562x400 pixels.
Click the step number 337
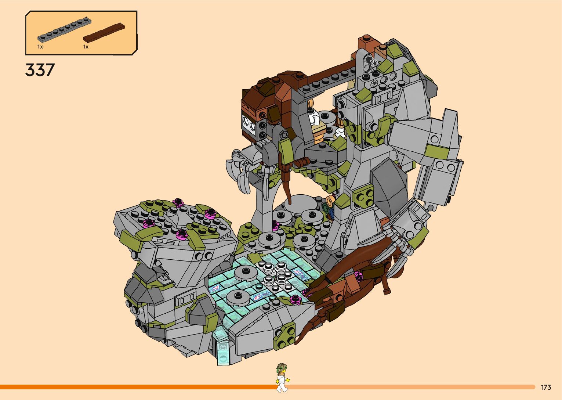(x=40, y=70)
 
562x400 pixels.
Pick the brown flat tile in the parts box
(x=104, y=33)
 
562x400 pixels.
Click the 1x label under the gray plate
(x=40, y=47)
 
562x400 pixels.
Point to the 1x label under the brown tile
(x=86, y=47)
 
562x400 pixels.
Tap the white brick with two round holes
(x=249, y=123)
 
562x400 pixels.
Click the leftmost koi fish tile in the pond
(x=215, y=289)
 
